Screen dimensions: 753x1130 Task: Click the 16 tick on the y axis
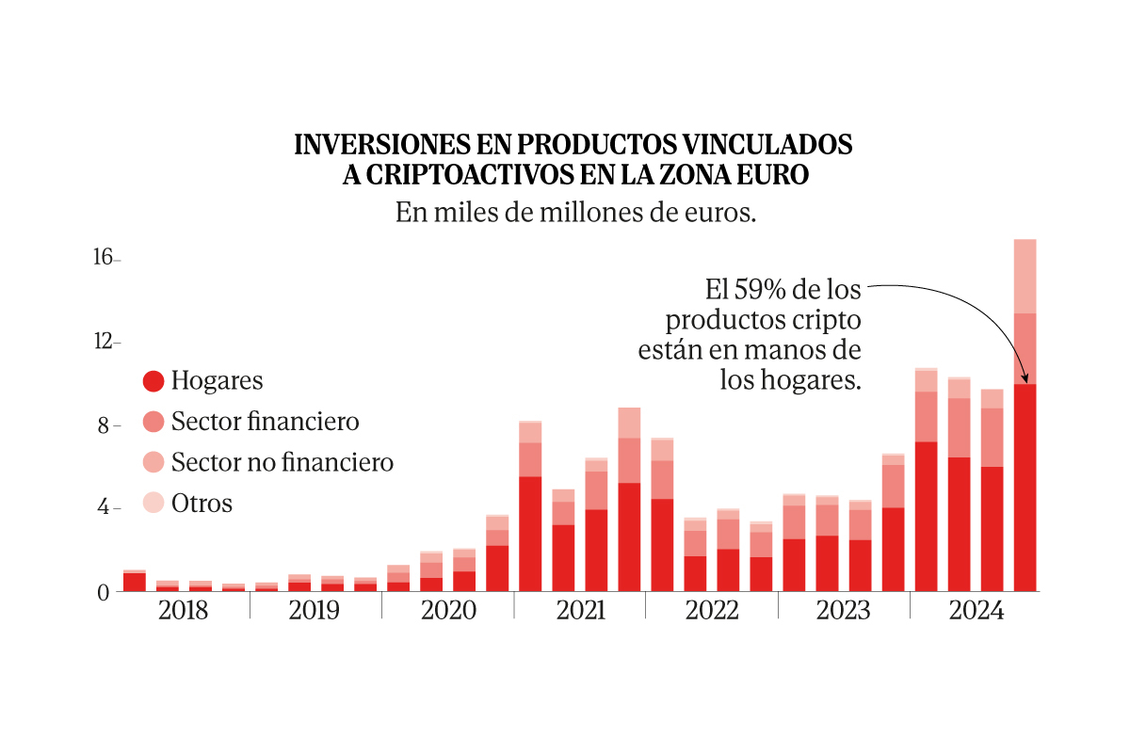pos(104,258)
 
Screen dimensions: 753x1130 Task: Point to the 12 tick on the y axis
pos(104,342)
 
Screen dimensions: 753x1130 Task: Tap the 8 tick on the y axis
pos(106,425)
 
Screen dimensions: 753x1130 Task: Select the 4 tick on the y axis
pos(106,508)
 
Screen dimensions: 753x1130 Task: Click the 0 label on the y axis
pos(105,592)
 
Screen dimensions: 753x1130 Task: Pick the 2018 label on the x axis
pos(184,610)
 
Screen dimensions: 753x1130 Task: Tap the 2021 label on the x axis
pos(580,610)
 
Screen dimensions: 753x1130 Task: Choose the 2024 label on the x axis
pos(977,610)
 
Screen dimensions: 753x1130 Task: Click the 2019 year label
pos(315,610)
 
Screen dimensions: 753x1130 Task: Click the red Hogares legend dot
pos(153,381)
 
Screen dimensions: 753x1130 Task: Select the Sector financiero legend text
pos(265,422)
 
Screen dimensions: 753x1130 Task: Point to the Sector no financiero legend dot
pos(153,462)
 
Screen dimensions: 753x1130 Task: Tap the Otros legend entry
pos(202,504)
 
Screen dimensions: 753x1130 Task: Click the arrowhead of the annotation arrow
pos(1025,380)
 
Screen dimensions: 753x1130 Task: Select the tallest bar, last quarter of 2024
pos(1025,414)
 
